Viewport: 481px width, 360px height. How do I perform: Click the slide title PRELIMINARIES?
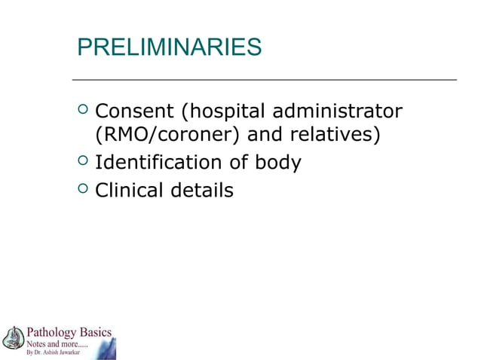(x=170, y=47)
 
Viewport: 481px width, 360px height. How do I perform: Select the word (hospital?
(x=223, y=111)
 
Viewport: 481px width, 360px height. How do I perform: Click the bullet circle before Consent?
(x=83, y=112)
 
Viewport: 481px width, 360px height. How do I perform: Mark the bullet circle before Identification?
(x=83, y=162)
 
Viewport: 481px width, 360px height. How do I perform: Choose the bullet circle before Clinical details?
(x=83, y=190)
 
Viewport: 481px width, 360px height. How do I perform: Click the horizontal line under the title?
(x=264, y=79)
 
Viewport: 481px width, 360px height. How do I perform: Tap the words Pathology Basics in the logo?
(x=69, y=332)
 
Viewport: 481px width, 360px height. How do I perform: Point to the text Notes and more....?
(x=57, y=343)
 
